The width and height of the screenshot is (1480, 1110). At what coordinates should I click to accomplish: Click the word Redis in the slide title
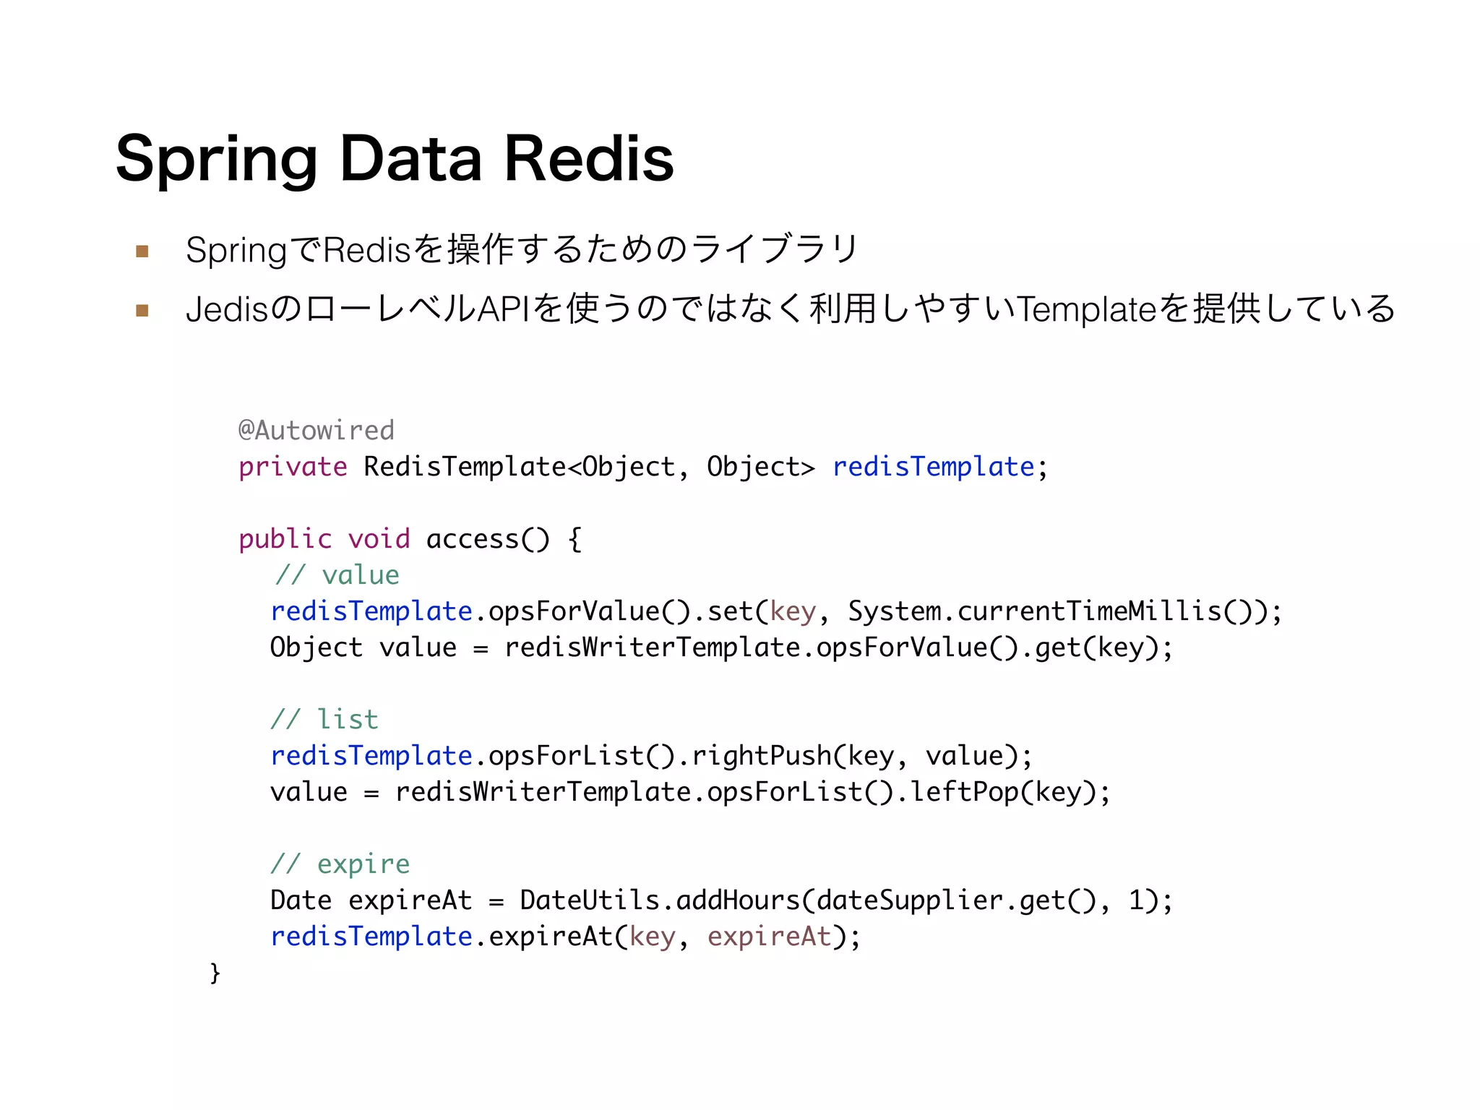[x=588, y=159]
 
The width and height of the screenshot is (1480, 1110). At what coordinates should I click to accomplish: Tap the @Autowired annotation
[x=317, y=431]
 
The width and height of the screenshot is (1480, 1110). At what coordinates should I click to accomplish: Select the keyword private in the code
[x=293, y=468]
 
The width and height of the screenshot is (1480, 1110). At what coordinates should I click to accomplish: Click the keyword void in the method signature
[x=379, y=539]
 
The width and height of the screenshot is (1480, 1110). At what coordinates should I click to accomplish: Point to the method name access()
[x=488, y=539]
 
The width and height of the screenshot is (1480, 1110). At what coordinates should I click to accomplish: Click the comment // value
[x=337, y=575]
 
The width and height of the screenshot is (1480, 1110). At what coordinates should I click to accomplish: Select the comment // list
[x=324, y=720]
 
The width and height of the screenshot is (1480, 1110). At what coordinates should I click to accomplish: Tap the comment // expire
[x=340, y=864]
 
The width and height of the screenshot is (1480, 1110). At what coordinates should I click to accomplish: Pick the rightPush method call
[x=762, y=756]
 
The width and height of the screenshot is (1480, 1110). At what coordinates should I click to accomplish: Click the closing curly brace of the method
[x=215, y=973]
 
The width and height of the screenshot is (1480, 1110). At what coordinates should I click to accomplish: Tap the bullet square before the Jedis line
[x=142, y=311]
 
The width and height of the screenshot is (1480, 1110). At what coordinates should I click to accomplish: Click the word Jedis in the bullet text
[x=227, y=309]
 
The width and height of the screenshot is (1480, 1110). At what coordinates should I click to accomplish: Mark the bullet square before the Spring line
[x=142, y=251]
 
